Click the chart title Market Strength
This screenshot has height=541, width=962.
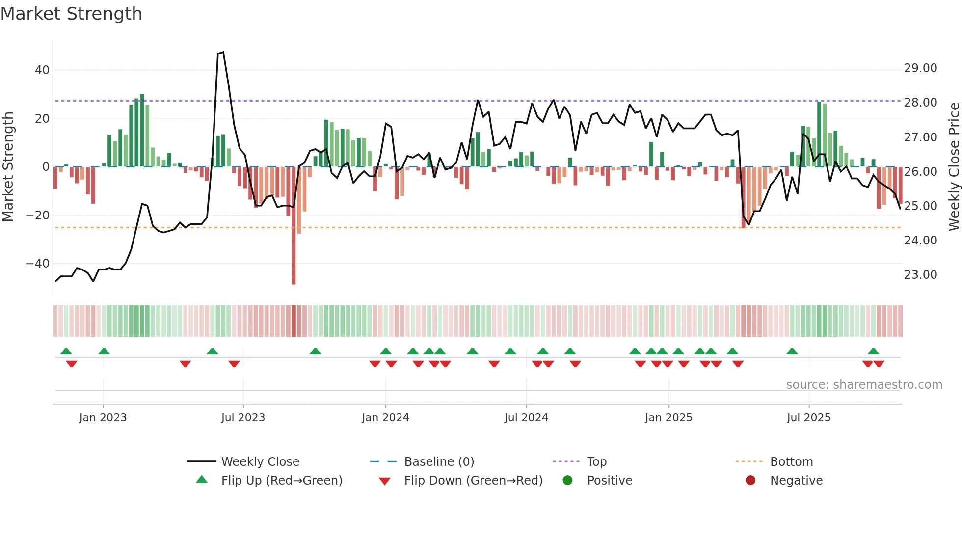tap(71, 14)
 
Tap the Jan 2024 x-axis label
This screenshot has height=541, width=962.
tap(385, 418)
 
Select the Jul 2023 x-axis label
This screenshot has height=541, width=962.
tap(243, 418)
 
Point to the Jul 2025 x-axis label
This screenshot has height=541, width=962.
tap(808, 418)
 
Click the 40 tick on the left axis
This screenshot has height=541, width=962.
tap(42, 70)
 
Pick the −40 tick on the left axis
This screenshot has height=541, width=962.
tap(38, 264)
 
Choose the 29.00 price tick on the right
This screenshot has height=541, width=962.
tap(920, 68)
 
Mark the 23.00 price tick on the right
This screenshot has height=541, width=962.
tap(920, 275)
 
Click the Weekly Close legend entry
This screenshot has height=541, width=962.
tap(260, 462)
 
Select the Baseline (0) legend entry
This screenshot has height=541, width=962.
tap(439, 462)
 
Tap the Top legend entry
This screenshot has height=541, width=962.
tap(597, 462)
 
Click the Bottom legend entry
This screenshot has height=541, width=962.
tap(791, 462)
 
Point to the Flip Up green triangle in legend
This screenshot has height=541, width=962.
tap(202, 480)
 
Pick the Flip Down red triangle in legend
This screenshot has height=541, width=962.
tap(385, 481)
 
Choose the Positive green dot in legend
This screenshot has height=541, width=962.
tap(568, 480)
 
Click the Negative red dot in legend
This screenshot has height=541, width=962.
tap(750, 480)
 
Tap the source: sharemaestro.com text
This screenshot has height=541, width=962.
tap(864, 385)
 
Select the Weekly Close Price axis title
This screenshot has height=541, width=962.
tap(954, 167)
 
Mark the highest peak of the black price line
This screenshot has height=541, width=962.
tap(222, 52)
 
